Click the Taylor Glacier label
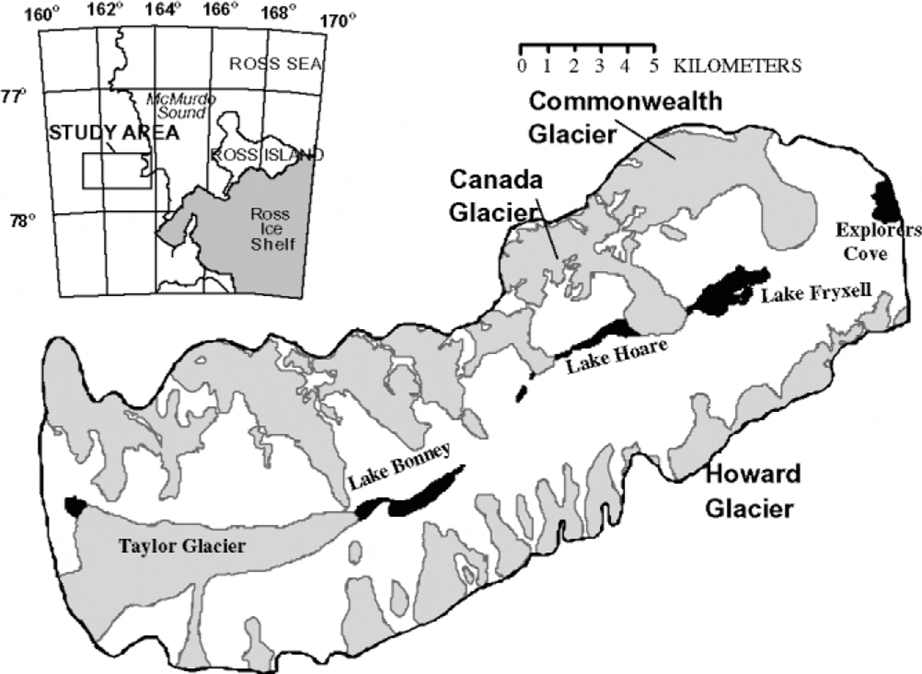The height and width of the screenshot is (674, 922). pyautogui.click(x=182, y=546)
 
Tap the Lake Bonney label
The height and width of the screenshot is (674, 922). pyautogui.click(x=400, y=466)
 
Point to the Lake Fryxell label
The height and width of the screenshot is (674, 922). pyautogui.click(x=816, y=292)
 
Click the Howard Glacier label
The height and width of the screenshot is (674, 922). pyautogui.click(x=753, y=491)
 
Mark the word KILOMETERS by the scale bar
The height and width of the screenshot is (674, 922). pyautogui.click(x=737, y=66)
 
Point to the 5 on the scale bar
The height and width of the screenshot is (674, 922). pyautogui.click(x=653, y=66)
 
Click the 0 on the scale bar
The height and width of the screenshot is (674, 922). pyautogui.click(x=522, y=66)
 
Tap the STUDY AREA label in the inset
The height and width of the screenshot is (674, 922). pyautogui.click(x=114, y=132)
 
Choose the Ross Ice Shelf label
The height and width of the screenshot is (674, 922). pyautogui.click(x=270, y=229)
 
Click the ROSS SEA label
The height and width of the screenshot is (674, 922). pyautogui.click(x=275, y=64)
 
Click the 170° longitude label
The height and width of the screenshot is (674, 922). pyautogui.click(x=338, y=22)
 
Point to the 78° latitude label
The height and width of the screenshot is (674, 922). pyautogui.click(x=22, y=220)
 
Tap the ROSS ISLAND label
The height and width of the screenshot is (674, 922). pyautogui.click(x=267, y=155)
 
